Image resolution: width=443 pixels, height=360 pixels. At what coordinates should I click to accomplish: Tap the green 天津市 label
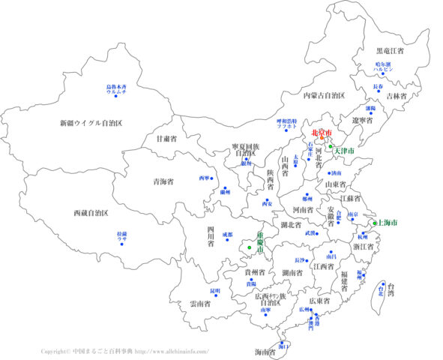click(x=344, y=151)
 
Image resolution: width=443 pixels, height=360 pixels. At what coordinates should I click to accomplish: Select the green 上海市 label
click(x=388, y=223)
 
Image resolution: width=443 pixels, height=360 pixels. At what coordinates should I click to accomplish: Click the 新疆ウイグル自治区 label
click(x=91, y=122)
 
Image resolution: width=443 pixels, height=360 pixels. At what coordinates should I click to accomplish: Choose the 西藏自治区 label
click(x=91, y=214)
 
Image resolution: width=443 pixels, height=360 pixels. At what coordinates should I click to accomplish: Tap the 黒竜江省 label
click(x=390, y=51)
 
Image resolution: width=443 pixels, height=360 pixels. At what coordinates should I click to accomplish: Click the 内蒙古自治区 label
click(x=323, y=95)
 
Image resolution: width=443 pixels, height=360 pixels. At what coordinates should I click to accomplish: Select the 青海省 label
click(x=163, y=181)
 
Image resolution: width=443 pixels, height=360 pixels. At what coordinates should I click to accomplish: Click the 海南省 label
click(x=265, y=352)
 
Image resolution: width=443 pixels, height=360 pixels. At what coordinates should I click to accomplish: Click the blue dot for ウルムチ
click(x=117, y=95)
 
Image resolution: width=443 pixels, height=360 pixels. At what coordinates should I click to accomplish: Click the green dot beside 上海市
click(x=375, y=223)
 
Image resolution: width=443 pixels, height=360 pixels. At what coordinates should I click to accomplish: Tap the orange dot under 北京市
click(x=321, y=139)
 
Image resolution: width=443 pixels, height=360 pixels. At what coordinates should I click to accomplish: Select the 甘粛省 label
click(x=166, y=139)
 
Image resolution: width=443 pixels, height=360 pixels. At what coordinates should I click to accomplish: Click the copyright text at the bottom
click(x=124, y=351)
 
